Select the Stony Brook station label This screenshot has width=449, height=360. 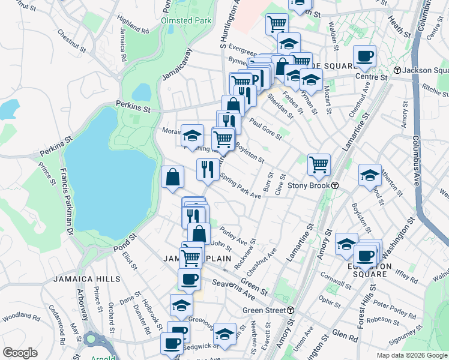point(313,185)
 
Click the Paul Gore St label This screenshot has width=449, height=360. point(265,129)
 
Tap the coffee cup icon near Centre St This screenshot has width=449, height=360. point(364,57)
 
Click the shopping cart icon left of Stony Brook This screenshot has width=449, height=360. point(319,163)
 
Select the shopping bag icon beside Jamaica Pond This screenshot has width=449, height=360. point(172,177)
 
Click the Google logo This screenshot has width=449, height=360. point(20,353)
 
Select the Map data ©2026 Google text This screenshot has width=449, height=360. point(411,355)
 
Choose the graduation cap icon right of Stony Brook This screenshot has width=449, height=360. point(370,176)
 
